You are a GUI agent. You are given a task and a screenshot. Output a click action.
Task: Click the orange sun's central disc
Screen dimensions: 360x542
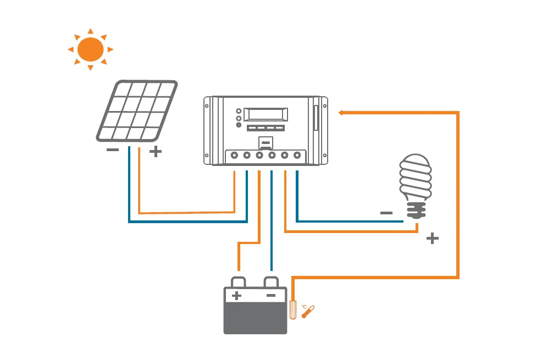[x=91, y=49]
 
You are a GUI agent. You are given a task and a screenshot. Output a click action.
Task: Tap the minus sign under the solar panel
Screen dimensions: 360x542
[x=113, y=150]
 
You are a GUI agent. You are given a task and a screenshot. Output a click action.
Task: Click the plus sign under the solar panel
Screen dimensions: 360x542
[x=156, y=152]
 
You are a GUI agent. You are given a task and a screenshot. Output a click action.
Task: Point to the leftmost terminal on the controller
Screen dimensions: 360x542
[x=234, y=156]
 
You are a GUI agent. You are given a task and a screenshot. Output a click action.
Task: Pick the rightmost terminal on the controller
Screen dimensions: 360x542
[x=297, y=156]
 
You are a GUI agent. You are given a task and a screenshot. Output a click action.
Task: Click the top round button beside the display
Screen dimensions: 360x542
[x=239, y=109]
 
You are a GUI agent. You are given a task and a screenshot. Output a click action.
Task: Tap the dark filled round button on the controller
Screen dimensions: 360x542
[x=239, y=125]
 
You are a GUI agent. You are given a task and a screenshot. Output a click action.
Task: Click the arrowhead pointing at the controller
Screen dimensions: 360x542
[x=341, y=113]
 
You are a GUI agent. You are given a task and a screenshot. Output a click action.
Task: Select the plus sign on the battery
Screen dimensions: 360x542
[x=236, y=296]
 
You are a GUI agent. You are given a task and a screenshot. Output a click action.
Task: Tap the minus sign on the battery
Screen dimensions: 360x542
[x=270, y=296]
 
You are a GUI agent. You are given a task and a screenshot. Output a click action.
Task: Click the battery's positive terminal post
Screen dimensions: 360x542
[x=237, y=281]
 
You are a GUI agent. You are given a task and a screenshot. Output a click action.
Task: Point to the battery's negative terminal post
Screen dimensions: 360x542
[x=271, y=281]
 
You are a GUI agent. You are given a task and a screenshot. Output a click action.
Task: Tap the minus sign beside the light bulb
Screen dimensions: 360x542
[x=386, y=213]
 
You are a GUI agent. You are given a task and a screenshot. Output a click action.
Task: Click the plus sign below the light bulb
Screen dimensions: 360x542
[x=433, y=239]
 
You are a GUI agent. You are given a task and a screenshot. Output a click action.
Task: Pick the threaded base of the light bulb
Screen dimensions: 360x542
[x=416, y=210]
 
